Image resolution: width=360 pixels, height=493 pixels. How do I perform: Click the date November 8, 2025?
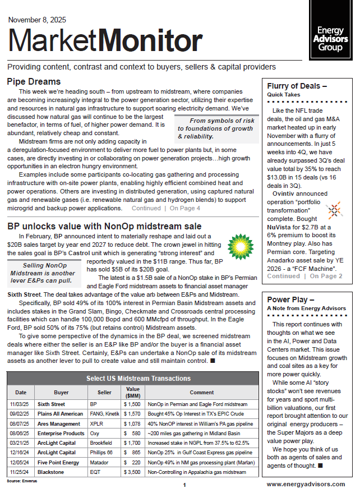pyautogui.click(x=37, y=20)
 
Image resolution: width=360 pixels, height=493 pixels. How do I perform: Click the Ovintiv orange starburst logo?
pyautogui.click(x=333, y=211)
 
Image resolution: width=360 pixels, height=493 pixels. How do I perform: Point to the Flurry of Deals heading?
pyautogui.click(x=297, y=86)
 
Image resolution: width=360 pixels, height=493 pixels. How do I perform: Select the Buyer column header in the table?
pyautogui.click(x=61, y=393)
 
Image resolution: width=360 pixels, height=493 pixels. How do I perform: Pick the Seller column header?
pyautogui.click(x=101, y=393)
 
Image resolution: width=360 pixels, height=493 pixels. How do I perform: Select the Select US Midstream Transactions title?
pyautogui.click(x=131, y=379)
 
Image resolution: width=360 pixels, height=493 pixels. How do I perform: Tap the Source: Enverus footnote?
pyautogui.click(x=20, y=481)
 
